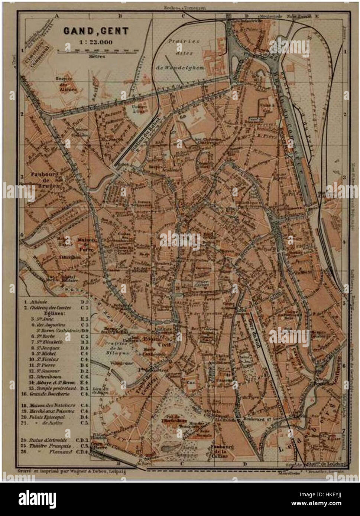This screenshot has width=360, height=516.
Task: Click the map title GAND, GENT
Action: [x=95, y=31]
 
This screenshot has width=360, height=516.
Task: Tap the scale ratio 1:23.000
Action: [x=95, y=42]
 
